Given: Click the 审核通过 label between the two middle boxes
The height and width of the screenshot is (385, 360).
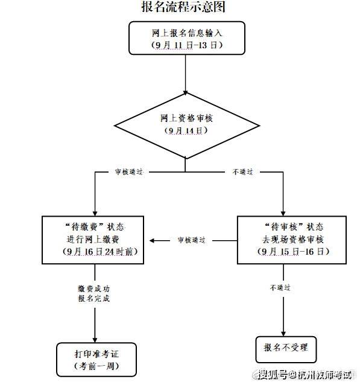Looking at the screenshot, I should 192,240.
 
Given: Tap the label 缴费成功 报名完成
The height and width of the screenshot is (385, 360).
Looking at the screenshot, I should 94,293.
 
